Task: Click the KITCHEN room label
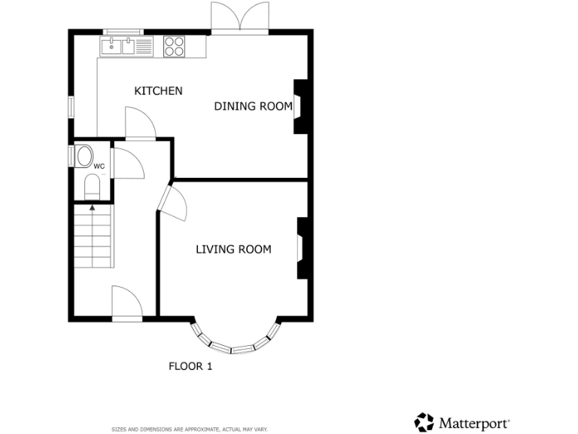tap(158, 91)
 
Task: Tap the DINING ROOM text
tap(253, 106)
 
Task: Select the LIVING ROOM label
tap(233, 249)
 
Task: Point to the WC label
tap(99, 166)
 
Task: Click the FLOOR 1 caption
tap(190, 367)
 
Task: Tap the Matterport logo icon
tap(424, 422)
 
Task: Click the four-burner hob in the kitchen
tap(175, 47)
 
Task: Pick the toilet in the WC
tap(93, 186)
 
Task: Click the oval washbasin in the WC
tap(84, 157)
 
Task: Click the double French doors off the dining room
tap(240, 17)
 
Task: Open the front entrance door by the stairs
tap(126, 304)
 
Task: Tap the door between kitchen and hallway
tap(140, 124)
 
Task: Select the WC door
tap(126, 163)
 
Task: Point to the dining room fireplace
tap(300, 106)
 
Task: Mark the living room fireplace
tap(303, 249)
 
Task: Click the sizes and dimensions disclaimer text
tap(189, 429)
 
